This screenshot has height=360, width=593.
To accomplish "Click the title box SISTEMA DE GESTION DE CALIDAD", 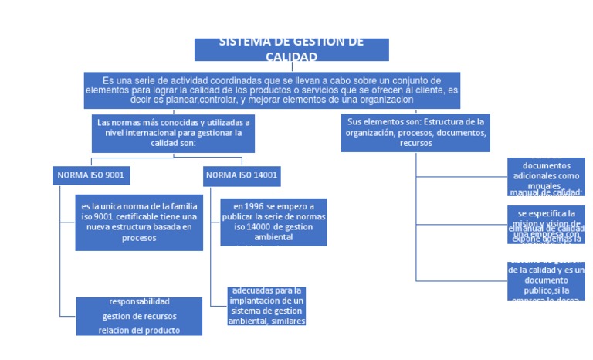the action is tap(291, 49).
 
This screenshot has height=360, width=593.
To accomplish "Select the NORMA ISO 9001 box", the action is tap(90, 175).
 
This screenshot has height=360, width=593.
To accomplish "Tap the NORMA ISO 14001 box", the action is tap(242, 175).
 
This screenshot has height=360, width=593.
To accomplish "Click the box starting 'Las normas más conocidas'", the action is tap(173, 132).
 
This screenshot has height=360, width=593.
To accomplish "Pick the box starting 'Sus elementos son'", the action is tap(415, 132).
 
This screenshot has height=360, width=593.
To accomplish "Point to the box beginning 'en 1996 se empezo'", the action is tap(273, 222).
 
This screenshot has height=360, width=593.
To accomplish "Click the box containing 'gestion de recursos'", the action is tap(139, 316).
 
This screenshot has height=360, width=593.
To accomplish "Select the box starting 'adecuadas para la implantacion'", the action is tap(267, 306).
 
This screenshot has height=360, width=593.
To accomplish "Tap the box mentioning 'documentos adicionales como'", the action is tap(546, 175).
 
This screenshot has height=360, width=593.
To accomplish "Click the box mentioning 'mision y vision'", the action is tap(546, 223).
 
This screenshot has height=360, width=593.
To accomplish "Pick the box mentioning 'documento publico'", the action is tap(546, 280).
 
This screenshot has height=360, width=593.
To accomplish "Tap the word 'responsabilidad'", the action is tap(139, 301).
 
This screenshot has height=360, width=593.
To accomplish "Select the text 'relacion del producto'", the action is tap(139, 331).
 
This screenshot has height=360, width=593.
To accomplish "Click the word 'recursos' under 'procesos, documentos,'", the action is tap(415, 143).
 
